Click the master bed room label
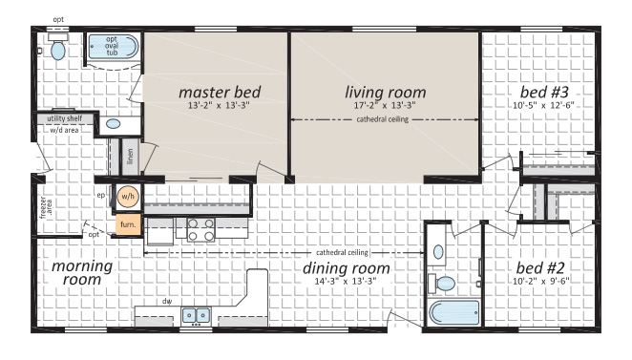(x=220, y=93)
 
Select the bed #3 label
(x=544, y=93)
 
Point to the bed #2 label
(x=540, y=268)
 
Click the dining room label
(x=347, y=268)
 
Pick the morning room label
(x=82, y=273)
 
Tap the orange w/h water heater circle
(x=128, y=197)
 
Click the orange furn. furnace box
(x=128, y=224)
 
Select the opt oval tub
(x=113, y=47)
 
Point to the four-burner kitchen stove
(x=200, y=229)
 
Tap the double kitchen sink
(x=196, y=315)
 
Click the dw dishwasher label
(x=167, y=301)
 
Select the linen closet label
(x=130, y=157)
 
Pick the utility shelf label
(x=65, y=118)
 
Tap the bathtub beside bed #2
(x=453, y=313)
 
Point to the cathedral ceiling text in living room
(x=383, y=119)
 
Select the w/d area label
(x=65, y=130)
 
